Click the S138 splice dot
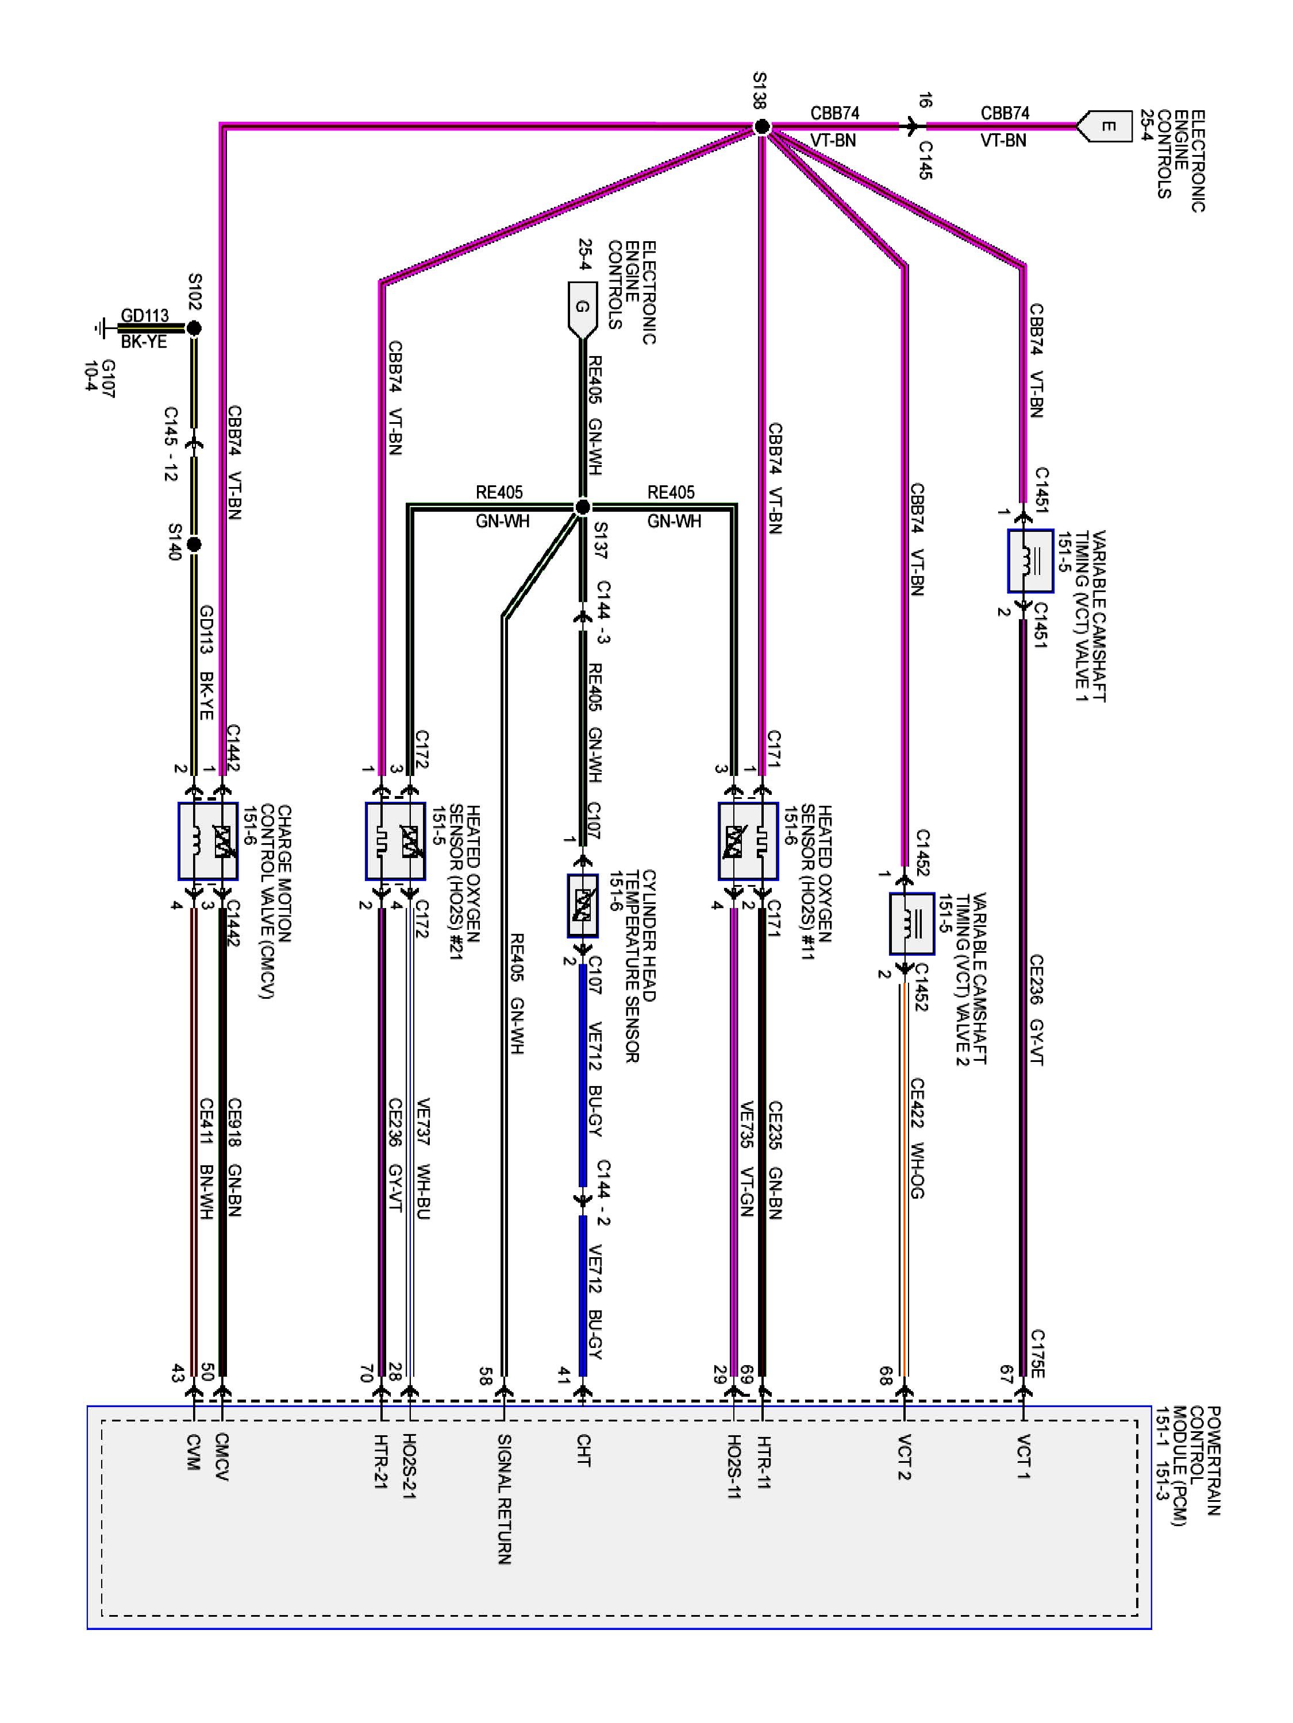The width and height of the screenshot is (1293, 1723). (x=762, y=127)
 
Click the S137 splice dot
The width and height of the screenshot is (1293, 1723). (x=582, y=508)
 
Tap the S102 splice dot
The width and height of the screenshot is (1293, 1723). (x=194, y=329)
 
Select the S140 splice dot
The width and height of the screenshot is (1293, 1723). (x=194, y=544)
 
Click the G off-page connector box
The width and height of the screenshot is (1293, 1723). (x=582, y=309)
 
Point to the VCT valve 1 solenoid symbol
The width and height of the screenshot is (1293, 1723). (x=1030, y=560)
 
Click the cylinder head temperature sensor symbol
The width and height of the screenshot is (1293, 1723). (x=582, y=905)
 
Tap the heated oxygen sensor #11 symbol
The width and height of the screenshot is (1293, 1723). (x=748, y=841)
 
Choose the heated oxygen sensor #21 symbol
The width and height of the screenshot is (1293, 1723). (x=395, y=841)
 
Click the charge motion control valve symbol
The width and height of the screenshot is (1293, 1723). (x=207, y=841)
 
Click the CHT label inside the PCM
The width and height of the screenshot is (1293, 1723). (x=582, y=1450)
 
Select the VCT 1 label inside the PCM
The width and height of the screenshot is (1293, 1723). (x=1023, y=1455)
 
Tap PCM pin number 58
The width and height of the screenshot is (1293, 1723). (x=485, y=1377)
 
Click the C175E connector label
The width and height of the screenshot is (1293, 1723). (x=1037, y=1354)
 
